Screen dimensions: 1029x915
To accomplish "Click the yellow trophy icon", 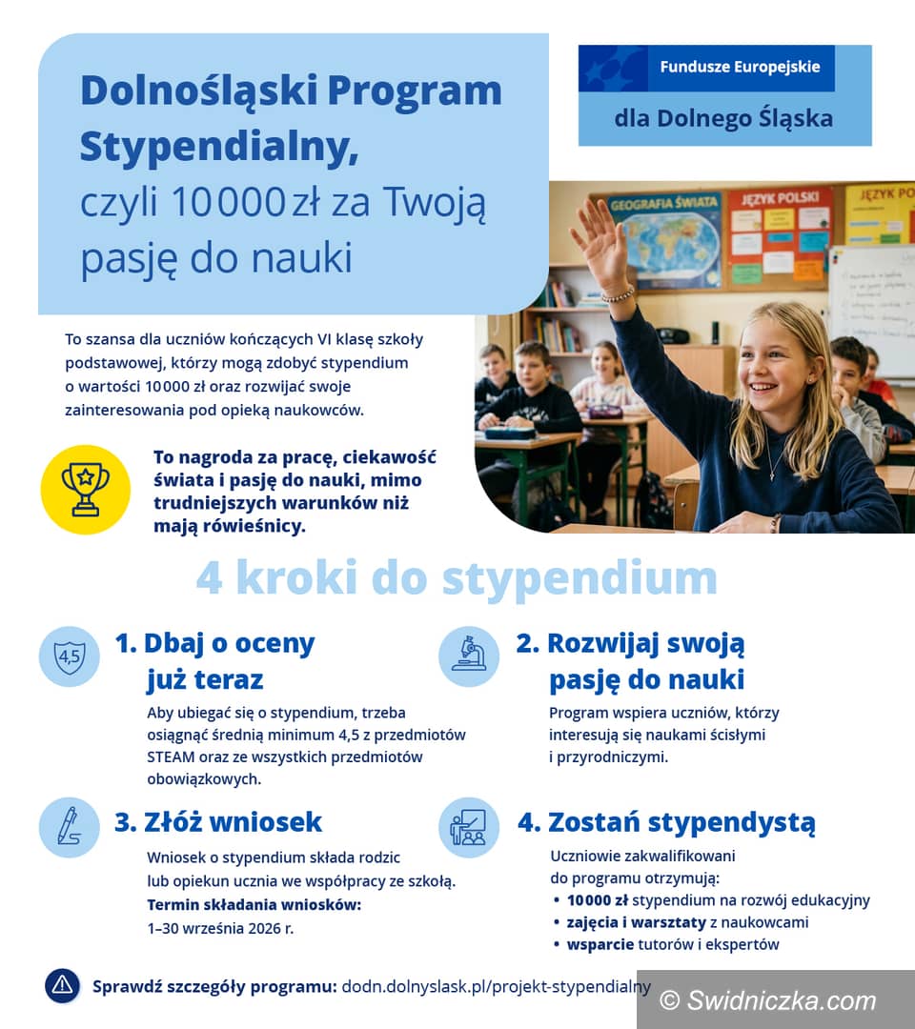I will click(85, 489).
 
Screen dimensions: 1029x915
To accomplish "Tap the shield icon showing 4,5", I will click(70, 656).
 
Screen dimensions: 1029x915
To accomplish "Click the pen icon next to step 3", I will click(70, 826).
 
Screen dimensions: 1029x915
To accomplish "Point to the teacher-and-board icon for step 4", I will click(468, 826).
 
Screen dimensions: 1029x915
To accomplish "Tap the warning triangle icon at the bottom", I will click(63, 985).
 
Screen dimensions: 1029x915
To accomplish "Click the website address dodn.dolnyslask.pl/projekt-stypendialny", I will click(496, 986).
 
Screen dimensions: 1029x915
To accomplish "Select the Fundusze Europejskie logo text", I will click(740, 69).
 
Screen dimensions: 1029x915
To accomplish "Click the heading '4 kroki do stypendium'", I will click(457, 577).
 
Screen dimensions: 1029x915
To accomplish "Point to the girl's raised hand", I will click(600, 244).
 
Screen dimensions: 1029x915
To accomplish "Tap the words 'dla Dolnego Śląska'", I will click(723, 118).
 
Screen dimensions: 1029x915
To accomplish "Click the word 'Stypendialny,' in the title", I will click(218, 147).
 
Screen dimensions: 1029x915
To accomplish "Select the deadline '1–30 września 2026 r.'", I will click(220, 928).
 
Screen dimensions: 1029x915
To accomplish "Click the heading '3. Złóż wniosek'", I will click(218, 821).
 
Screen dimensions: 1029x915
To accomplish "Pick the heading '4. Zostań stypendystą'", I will click(666, 821).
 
